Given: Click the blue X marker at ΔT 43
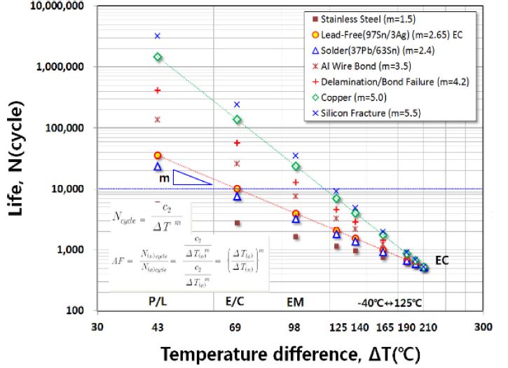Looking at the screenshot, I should pyautogui.click(x=158, y=36).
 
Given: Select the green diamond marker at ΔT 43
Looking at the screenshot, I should pyautogui.click(x=158, y=57).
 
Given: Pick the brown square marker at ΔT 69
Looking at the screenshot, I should pyautogui.click(x=238, y=223).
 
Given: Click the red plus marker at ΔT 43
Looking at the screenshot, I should pyautogui.click(x=158, y=90).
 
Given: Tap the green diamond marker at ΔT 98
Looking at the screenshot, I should pyautogui.click(x=296, y=166).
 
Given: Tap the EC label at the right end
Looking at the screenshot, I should pyautogui.click(x=441, y=260).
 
